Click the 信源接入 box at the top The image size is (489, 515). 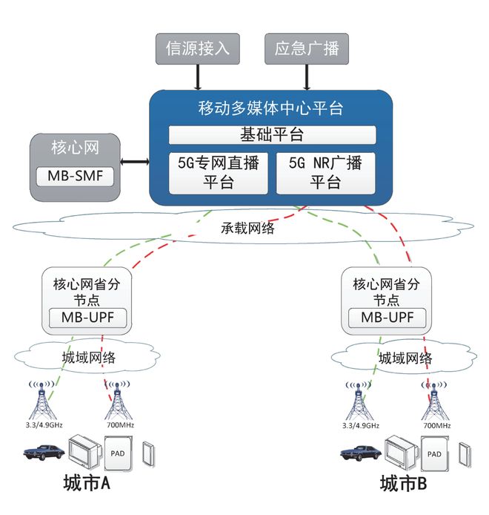point(198,49)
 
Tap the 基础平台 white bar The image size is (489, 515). point(272,134)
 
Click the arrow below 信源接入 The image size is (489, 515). point(198,76)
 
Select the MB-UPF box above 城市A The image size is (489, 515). point(87,318)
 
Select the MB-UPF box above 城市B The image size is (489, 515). point(388,318)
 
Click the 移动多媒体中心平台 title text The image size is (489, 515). point(271,108)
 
